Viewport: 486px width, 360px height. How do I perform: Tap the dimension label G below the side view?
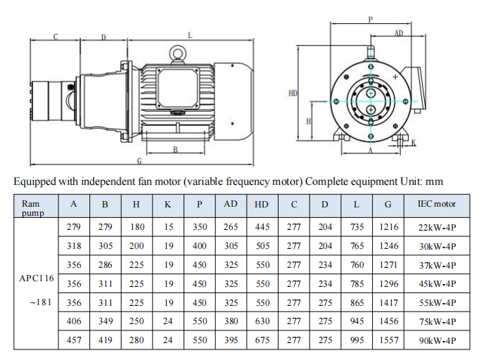[139, 161]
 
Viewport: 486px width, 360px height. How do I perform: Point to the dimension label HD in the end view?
[293, 93]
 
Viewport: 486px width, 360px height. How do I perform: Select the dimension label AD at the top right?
[399, 33]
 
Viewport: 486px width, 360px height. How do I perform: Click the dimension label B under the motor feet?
[175, 150]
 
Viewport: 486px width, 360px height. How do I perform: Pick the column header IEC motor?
[437, 204]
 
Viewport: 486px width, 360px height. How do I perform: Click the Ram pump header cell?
[32, 208]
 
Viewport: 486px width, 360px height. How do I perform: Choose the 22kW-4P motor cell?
[437, 227]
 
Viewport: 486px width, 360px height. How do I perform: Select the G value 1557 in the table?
[389, 340]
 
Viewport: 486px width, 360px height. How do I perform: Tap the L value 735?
[357, 227]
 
